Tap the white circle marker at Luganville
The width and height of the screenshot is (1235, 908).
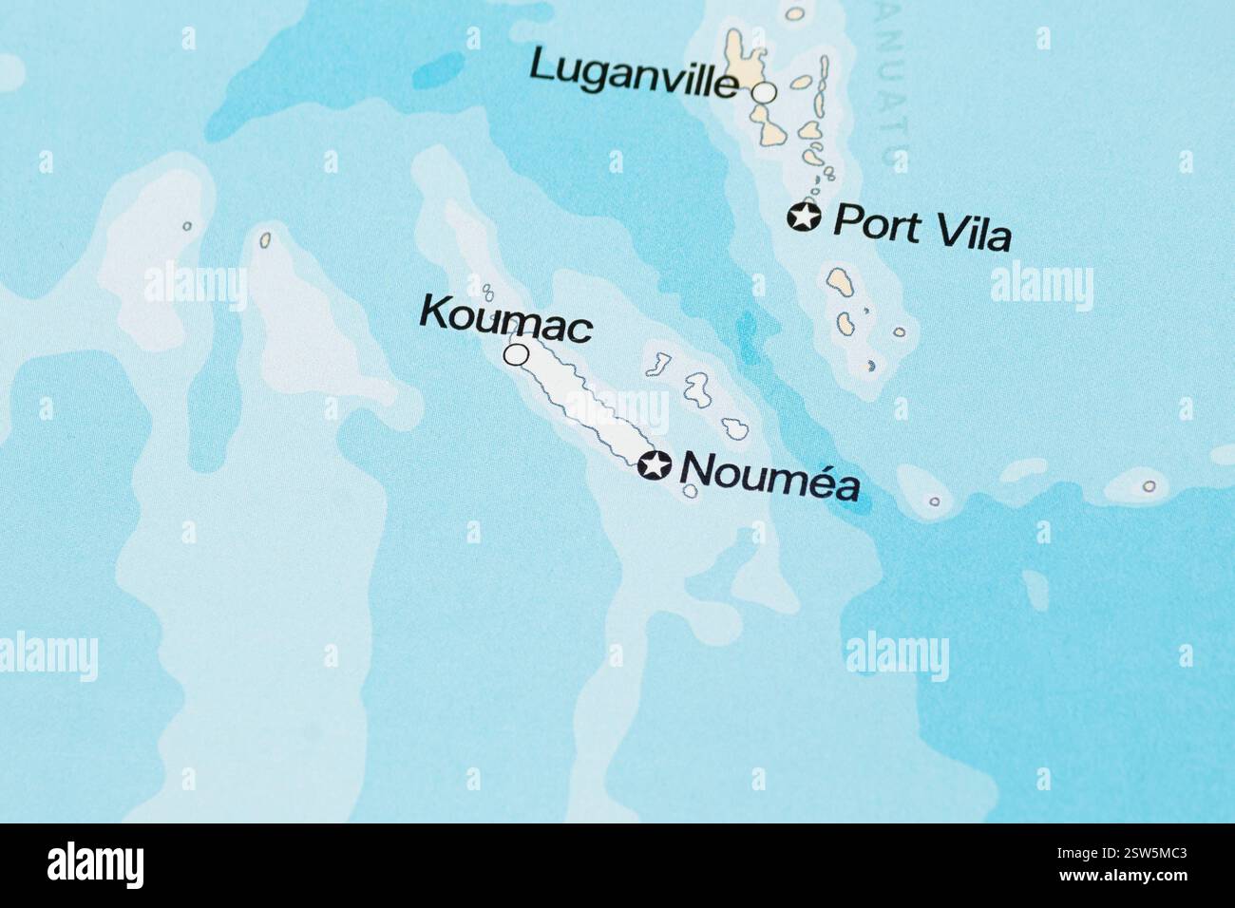click(x=765, y=92)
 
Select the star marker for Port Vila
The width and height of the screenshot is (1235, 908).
click(x=804, y=217)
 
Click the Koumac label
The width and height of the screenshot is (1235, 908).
click(x=506, y=320)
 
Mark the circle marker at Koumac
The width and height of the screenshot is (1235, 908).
click(x=516, y=355)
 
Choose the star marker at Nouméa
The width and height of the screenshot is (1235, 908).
click(x=654, y=465)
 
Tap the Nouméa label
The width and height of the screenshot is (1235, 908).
click(x=770, y=476)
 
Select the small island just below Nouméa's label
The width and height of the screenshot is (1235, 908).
click(x=691, y=491)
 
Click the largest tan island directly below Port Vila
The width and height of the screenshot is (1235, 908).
click(x=841, y=282)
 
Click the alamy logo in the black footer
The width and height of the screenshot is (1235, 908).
click(x=95, y=865)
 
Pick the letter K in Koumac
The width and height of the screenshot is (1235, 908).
click(x=432, y=312)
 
